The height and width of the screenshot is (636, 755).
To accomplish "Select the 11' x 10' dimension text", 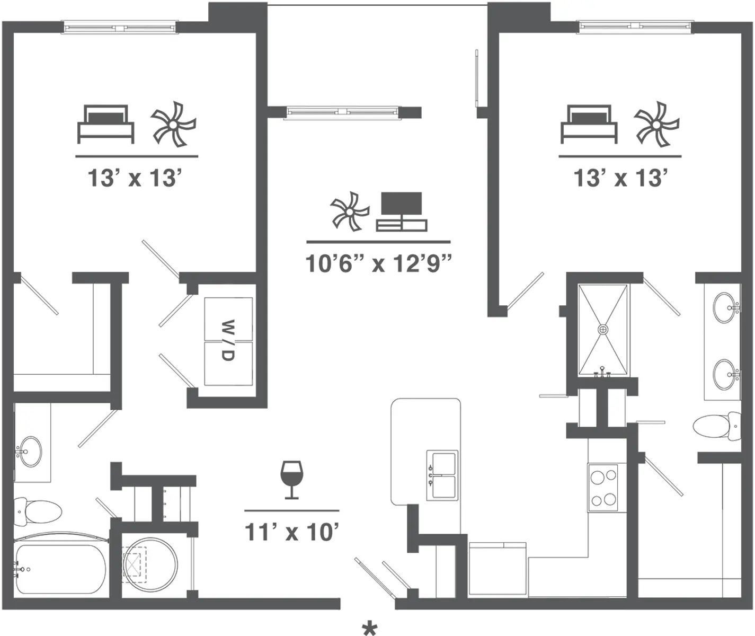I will [x=291, y=531].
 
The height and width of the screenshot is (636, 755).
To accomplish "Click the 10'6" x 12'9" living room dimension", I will [x=378, y=263].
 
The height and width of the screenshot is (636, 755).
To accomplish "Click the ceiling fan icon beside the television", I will [x=349, y=211].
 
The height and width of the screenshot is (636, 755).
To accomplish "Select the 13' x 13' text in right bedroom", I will [x=620, y=178].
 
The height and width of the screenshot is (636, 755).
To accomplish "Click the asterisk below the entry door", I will [x=369, y=629].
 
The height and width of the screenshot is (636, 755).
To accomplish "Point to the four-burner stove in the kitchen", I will [x=603, y=488].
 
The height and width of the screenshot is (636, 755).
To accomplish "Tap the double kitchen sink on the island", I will [x=442, y=475].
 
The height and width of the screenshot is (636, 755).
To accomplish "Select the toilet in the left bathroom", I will [x=37, y=511].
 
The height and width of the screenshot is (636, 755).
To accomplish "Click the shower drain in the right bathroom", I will [x=603, y=330].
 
